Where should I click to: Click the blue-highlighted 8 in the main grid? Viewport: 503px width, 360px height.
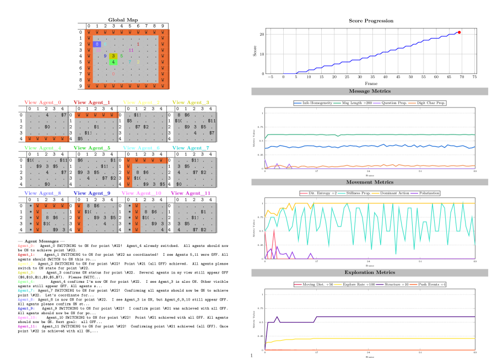point(97,44)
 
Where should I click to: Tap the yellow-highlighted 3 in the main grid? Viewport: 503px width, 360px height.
point(113,56)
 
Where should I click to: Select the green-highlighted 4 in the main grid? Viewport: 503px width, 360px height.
point(113,62)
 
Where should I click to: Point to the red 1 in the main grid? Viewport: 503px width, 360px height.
point(138,44)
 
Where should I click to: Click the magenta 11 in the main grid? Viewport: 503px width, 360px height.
point(131,50)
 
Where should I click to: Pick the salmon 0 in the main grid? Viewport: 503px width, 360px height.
point(113,74)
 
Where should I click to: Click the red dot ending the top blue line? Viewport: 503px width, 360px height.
point(459,33)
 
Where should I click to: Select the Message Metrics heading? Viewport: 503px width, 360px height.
point(370,91)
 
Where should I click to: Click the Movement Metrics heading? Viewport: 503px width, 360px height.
point(370,182)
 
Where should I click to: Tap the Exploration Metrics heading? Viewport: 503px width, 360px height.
point(370,272)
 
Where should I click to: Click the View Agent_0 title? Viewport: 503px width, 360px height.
point(42,103)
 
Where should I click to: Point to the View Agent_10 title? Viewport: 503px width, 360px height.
point(141,193)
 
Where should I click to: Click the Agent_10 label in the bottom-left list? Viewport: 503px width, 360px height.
point(26,318)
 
